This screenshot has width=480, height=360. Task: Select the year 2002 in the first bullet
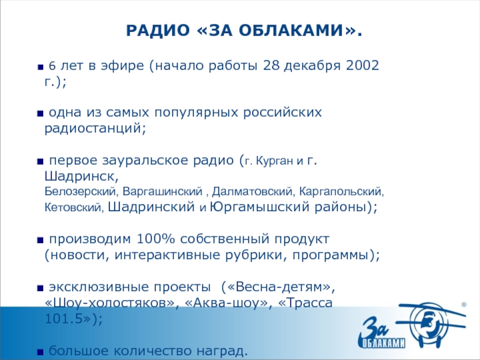click(362, 65)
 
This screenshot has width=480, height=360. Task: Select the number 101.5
click(67, 318)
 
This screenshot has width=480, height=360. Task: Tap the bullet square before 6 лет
click(40, 66)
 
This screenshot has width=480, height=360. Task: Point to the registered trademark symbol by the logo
click(463, 305)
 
